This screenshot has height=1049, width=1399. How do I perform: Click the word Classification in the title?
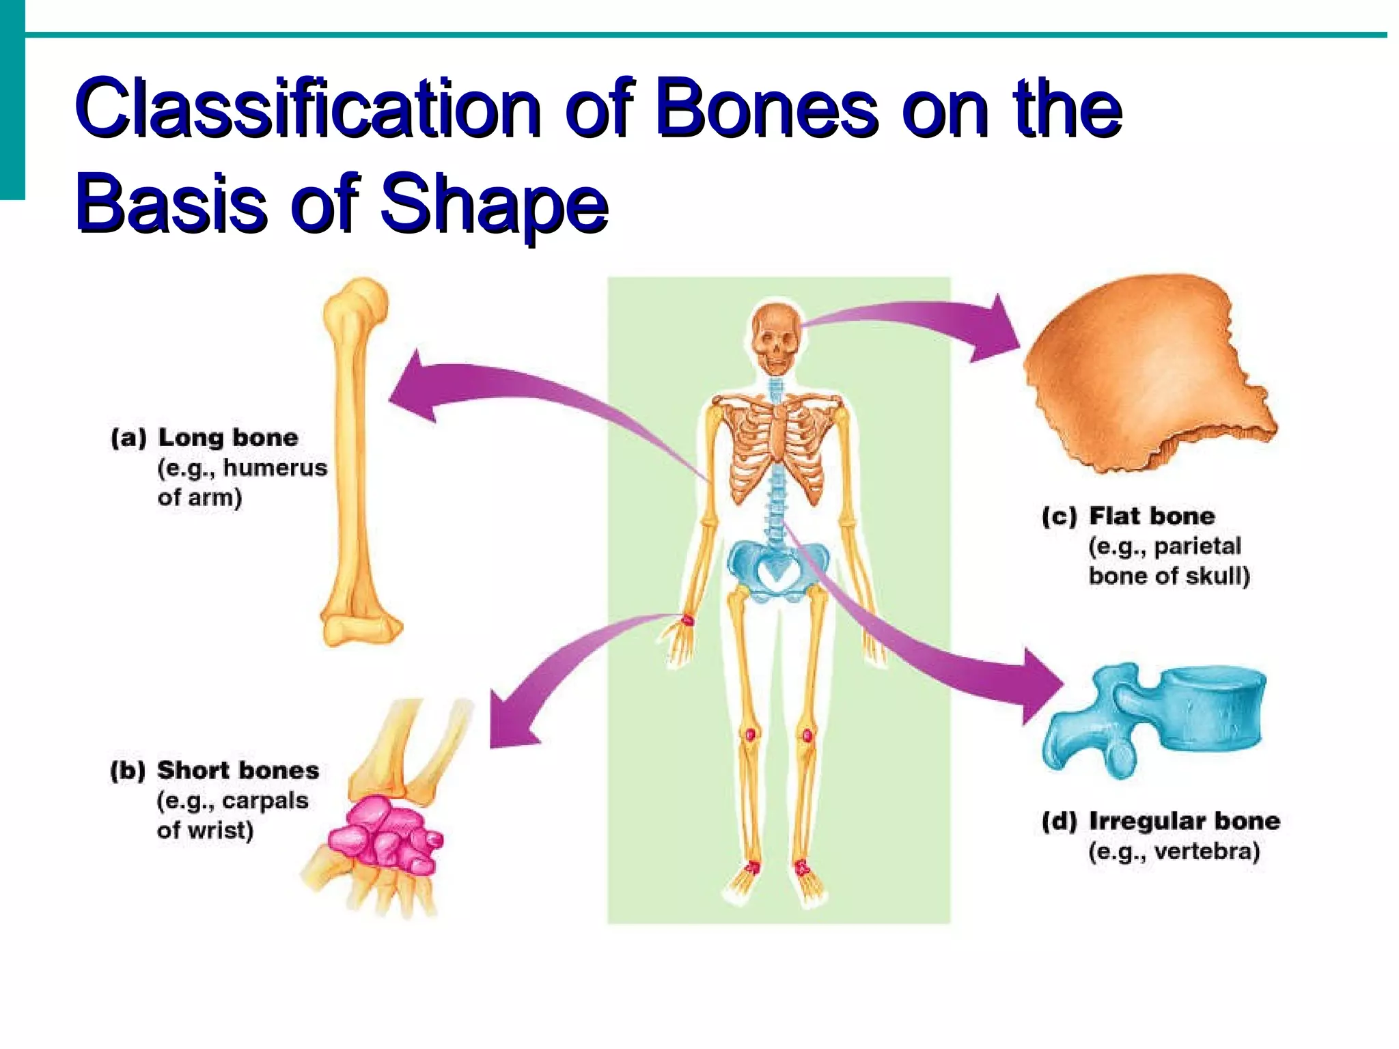click(307, 109)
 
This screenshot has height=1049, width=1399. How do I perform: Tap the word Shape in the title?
click(493, 203)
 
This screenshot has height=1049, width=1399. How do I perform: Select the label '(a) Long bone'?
click(204, 438)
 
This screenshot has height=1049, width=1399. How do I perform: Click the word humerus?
click(275, 468)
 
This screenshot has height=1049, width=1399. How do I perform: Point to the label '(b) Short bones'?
click(214, 770)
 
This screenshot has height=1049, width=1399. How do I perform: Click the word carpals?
click(265, 800)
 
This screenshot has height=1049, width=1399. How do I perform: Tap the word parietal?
click(1197, 546)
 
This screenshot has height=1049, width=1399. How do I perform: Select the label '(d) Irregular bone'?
click(1161, 821)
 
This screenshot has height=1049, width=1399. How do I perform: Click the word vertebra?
click(1207, 852)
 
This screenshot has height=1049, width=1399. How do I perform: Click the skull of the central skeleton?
click(775, 338)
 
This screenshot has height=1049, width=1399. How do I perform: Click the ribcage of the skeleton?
click(775, 444)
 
